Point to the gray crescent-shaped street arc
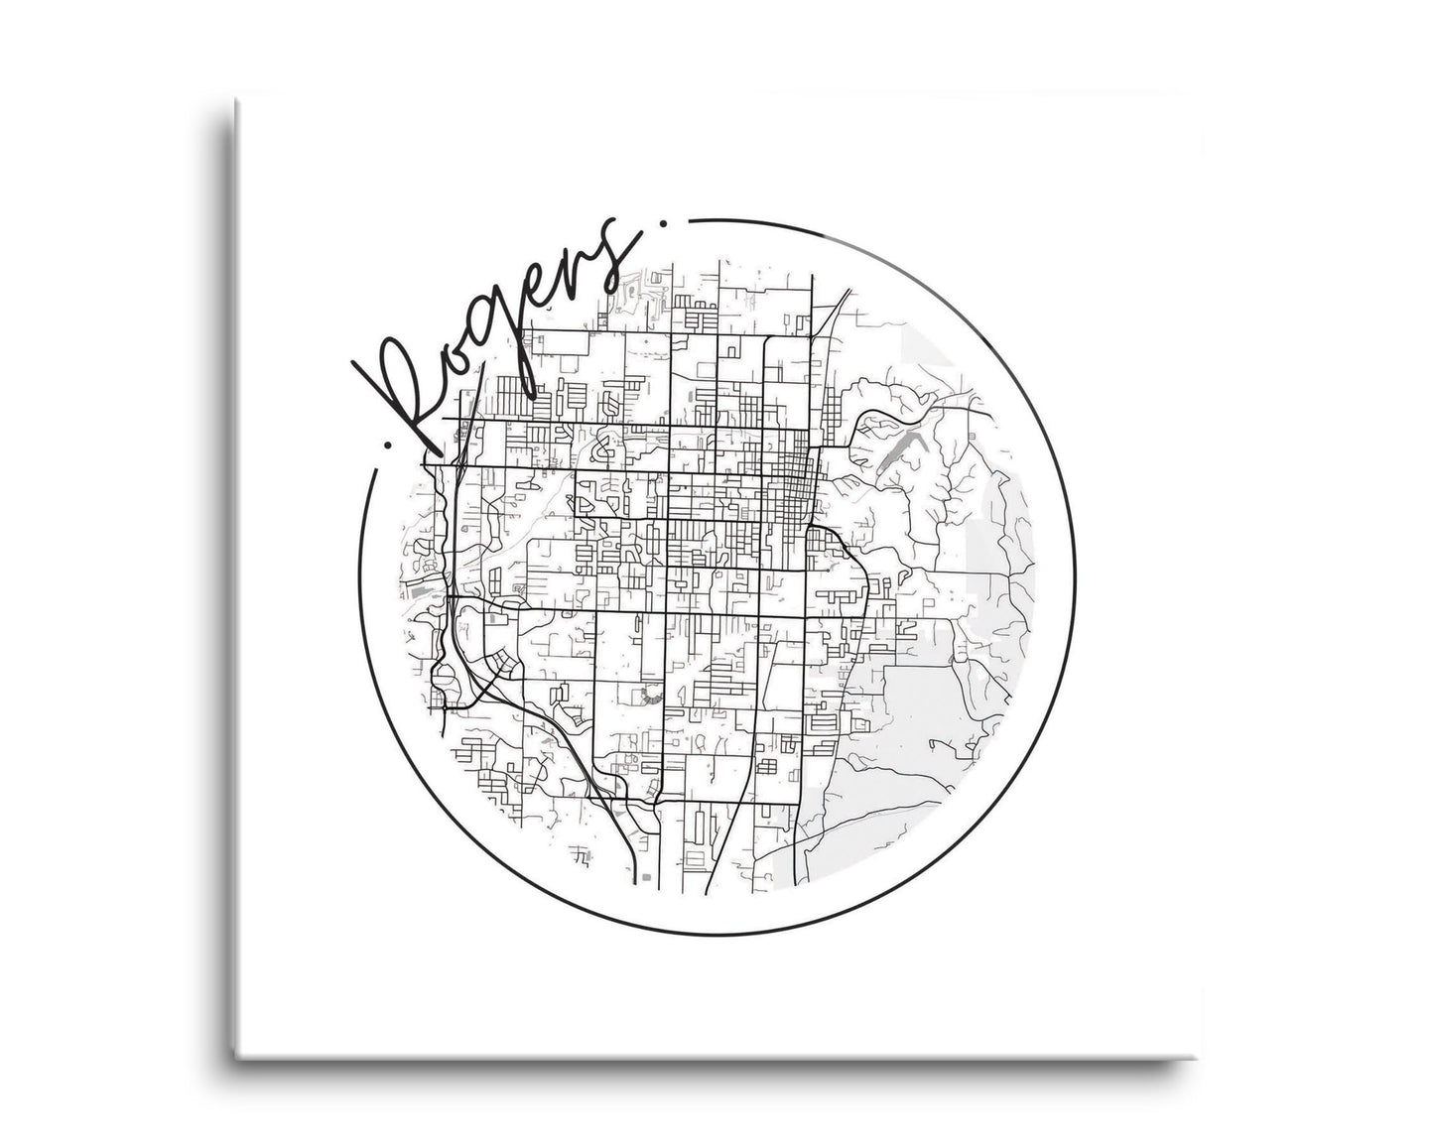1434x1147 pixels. click(x=651, y=696)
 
